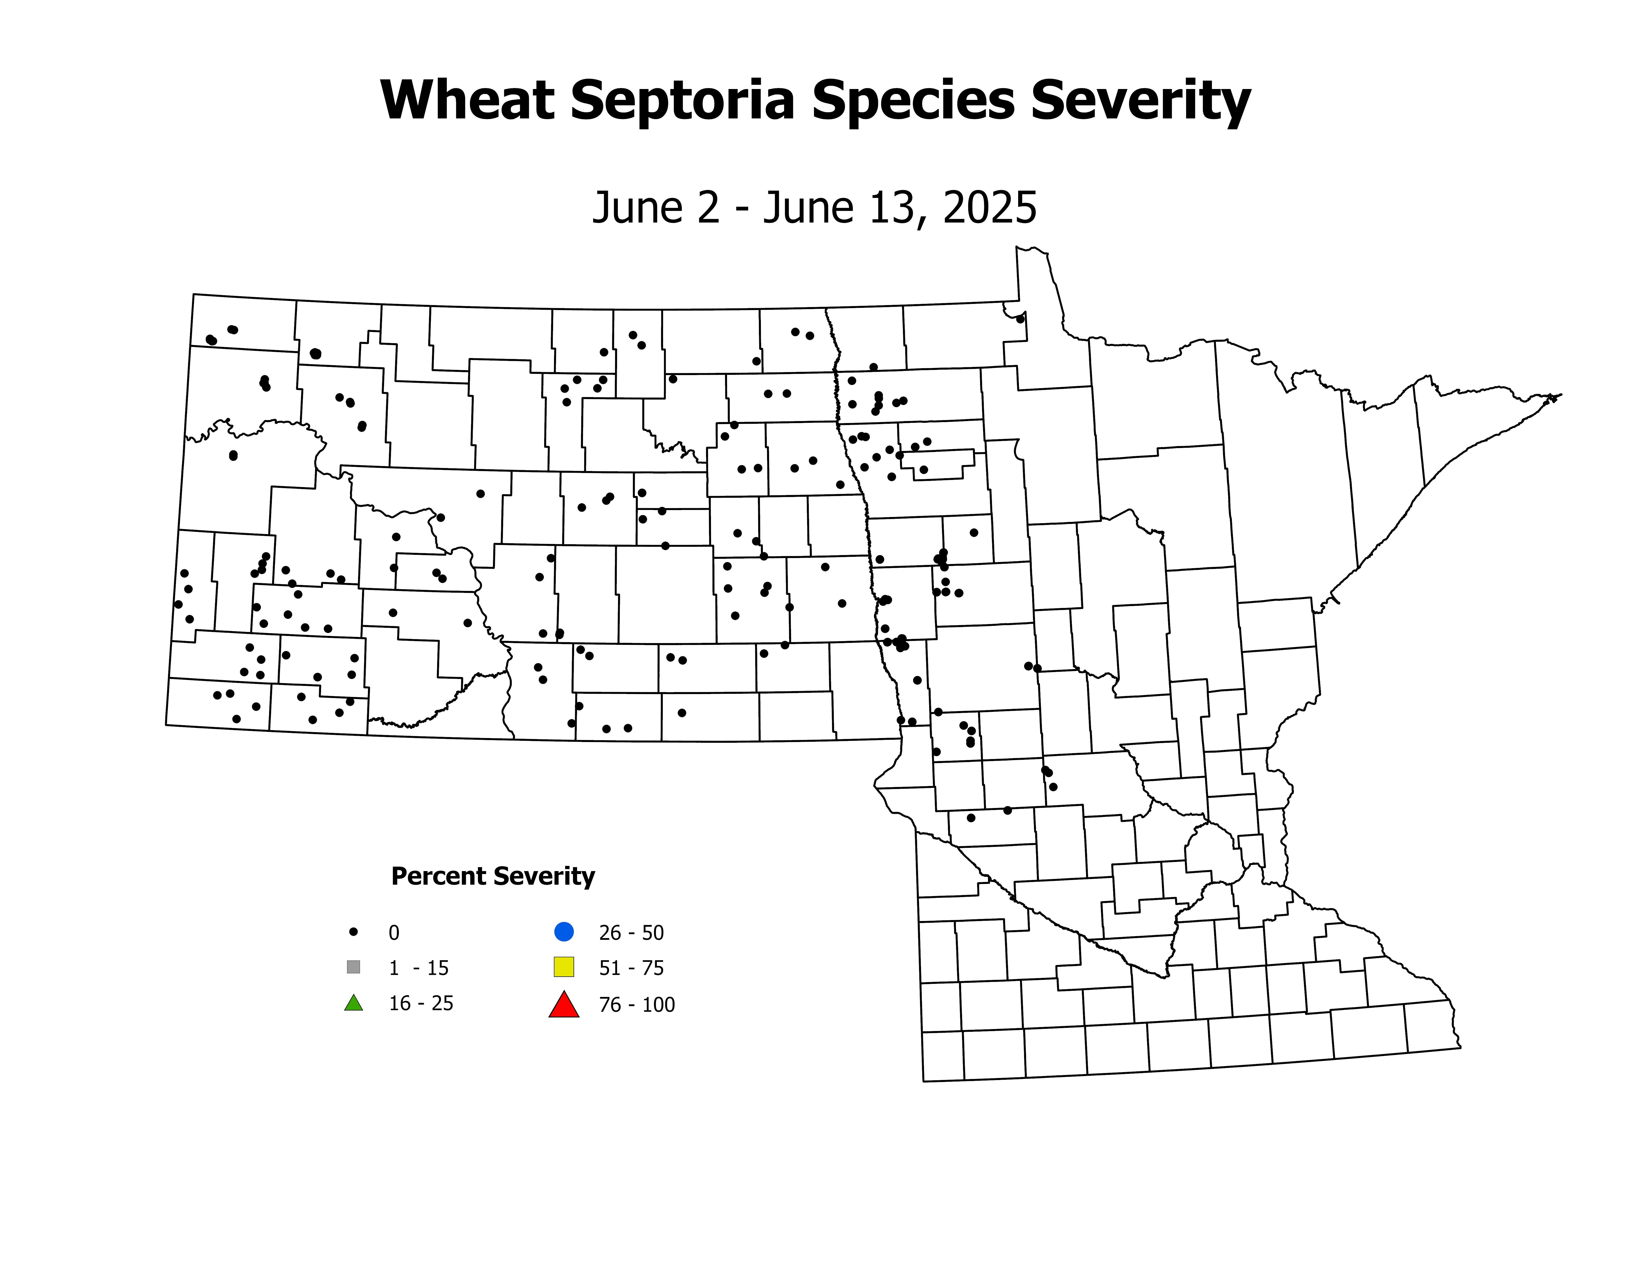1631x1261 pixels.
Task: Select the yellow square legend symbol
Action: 564,967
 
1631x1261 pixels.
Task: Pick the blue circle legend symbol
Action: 564,932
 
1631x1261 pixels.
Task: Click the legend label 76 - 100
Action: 636,1005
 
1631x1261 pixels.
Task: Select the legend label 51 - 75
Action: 631,968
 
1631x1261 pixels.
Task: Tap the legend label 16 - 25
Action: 420,1003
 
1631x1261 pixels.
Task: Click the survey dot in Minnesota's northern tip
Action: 1020,319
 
